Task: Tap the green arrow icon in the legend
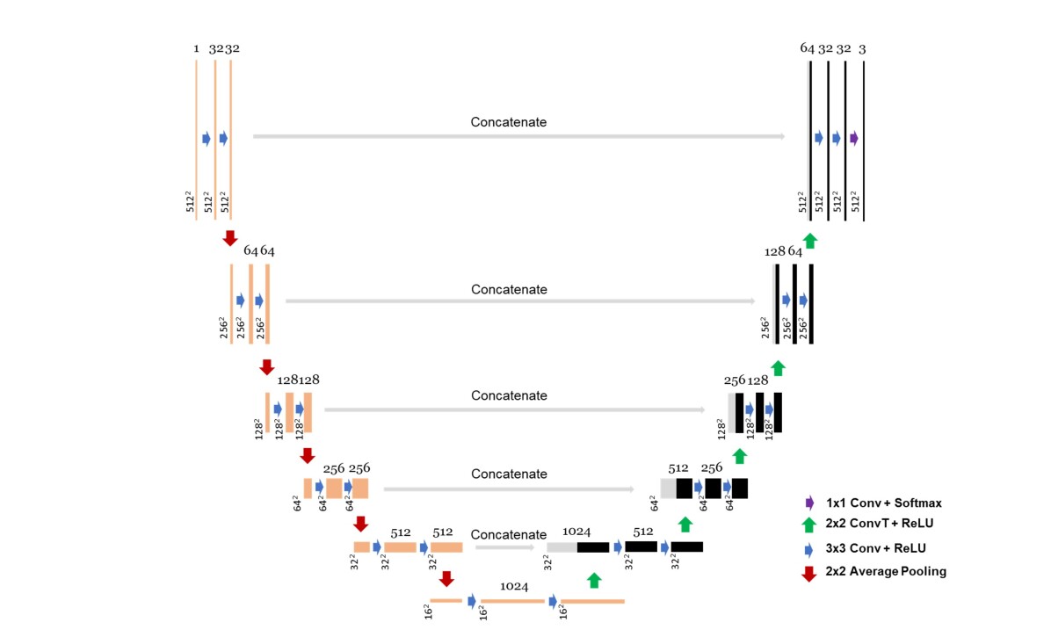[x=809, y=524]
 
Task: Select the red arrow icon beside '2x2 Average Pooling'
[x=809, y=573]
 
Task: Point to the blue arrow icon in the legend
[x=809, y=548]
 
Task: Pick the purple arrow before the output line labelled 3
[x=854, y=138]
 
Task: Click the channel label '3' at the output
[x=862, y=49]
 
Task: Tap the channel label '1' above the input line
[x=196, y=49]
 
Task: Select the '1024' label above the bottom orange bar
[x=514, y=586]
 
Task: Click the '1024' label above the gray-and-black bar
[x=576, y=532]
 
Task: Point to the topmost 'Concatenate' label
[x=508, y=122]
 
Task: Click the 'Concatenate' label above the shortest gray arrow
[x=508, y=534]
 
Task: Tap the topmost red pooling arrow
[x=230, y=238]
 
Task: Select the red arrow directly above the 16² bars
[x=446, y=578]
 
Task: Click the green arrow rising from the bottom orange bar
[x=594, y=579]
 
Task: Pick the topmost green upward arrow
[x=810, y=239]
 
